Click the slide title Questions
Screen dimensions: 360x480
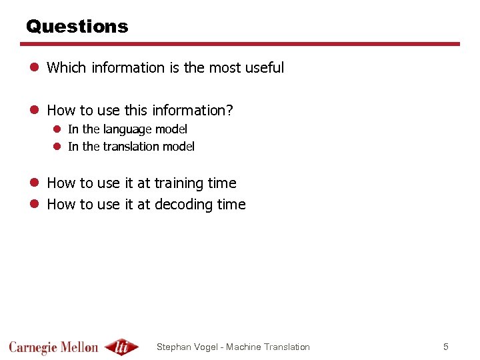point(77,27)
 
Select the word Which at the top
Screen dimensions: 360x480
point(67,67)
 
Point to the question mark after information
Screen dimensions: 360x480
point(230,110)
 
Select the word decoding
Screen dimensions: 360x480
point(181,205)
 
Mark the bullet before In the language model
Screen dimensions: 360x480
point(58,129)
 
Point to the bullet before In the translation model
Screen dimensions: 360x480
point(58,147)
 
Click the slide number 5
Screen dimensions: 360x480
point(446,347)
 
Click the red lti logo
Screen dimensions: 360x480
point(121,347)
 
